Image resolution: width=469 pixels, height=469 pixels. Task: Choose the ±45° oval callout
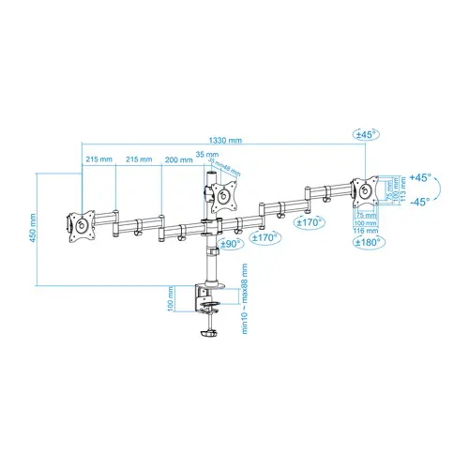click(365, 135)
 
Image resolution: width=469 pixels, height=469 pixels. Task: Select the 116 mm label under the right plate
click(365, 230)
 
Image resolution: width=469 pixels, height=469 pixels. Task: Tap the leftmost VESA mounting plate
click(78, 226)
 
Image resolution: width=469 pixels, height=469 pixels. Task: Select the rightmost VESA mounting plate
click(365, 189)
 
